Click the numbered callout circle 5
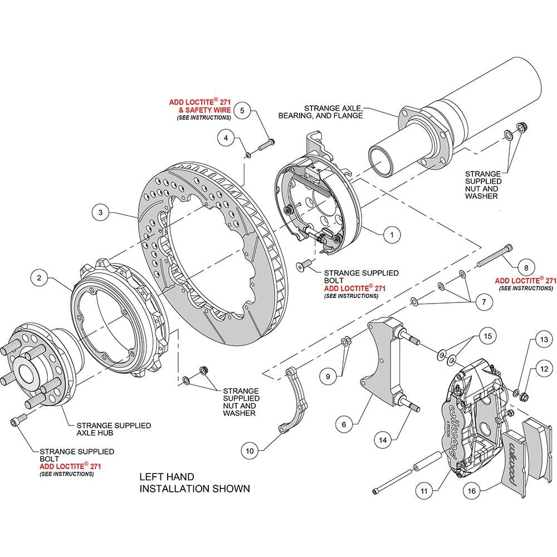pos(242,110)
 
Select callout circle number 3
pos(100,212)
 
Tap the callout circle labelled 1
pos(392,235)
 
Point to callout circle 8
pos(526,267)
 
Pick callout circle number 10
pos(250,451)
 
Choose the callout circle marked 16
pos(471,491)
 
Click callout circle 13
pos(544,340)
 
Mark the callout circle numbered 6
pos(344,424)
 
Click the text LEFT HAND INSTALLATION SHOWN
pos(194,483)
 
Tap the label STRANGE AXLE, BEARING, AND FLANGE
pos(320,112)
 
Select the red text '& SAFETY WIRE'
pos(205,110)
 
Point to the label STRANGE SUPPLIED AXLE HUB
pos(114,429)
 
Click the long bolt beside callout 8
pos(495,255)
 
